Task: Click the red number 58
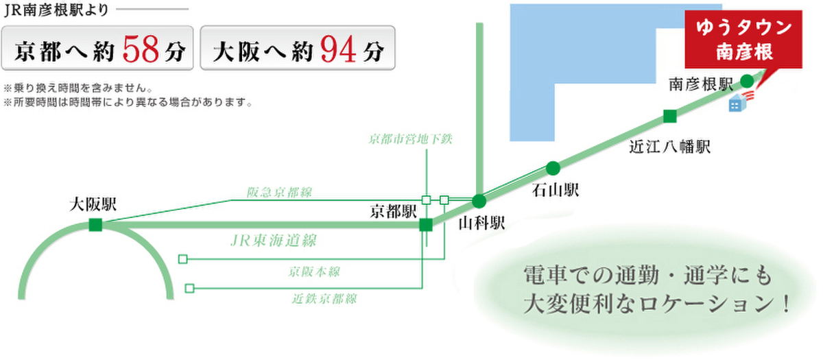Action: pyautogui.click(x=141, y=49)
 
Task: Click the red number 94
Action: pyautogui.click(x=338, y=49)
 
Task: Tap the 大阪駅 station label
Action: pyautogui.click(x=93, y=204)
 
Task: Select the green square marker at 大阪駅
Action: pyautogui.click(x=95, y=224)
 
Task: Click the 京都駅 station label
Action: pyautogui.click(x=394, y=212)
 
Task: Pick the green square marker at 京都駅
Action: pyautogui.click(x=426, y=225)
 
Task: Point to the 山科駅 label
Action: pyautogui.click(x=481, y=223)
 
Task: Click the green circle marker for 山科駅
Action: pyautogui.click(x=479, y=201)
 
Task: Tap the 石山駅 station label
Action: pyautogui.click(x=556, y=190)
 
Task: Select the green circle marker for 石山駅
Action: pyautogui.click(x=553, y=168)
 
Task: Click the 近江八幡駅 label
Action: pyautogui.click(x=670, y=147)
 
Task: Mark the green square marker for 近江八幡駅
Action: pyautogui.click(x=670, y=117)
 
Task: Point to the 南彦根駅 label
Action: pyautogui.click(x=701, y=84)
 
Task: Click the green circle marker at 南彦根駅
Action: pyautogui.click(x=747, y=81)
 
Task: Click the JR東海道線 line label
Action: pyautogui.click(x=274, y=241)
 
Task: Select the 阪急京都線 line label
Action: pyautogui.click(x=279, y=192)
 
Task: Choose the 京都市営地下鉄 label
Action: pyautogui.click(x=410, y=139)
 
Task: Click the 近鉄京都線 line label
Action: pyautogui.click(x=324, y=299)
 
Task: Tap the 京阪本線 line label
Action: pyautogui.click(x=314, y=272)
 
